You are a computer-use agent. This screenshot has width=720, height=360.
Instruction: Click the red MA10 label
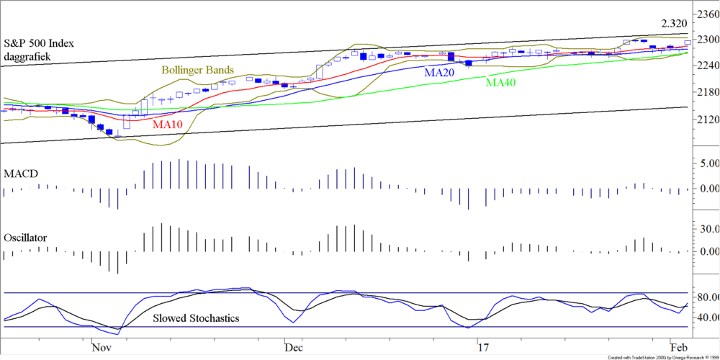pos(168,124)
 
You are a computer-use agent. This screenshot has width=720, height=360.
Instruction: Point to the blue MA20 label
pos(439,73)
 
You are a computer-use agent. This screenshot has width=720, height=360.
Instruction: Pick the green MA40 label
pos(502,83)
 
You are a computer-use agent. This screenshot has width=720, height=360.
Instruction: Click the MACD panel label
pos(21,174)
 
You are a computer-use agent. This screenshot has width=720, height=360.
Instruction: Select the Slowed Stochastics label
pos(196,318)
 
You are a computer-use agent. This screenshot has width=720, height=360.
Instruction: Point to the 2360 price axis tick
pos(705,13)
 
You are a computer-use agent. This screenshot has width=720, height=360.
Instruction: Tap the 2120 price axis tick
pos(705,119)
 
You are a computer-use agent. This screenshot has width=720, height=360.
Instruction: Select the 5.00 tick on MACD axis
pos(705,163)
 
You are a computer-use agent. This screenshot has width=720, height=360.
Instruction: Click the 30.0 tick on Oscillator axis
pos(705,229)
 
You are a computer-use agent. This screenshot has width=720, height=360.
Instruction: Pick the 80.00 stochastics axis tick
pos(705,297)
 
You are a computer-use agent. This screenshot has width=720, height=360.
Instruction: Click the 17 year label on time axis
pos(485,348)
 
